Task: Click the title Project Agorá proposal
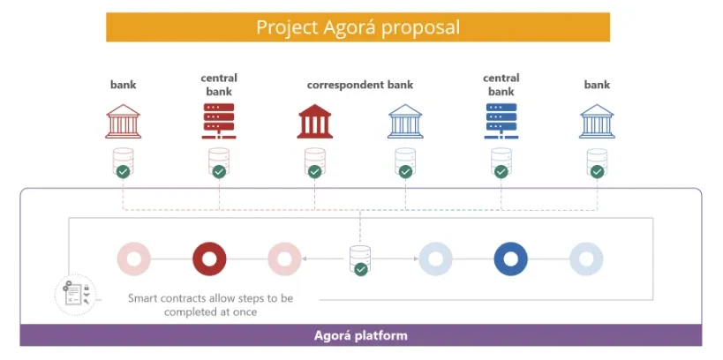[x=358, y=26]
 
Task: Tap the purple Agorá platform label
[x=360, y=336]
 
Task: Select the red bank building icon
[x=123, y=123]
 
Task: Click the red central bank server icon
[x=219, y=122]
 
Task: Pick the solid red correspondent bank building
[x=314, y=122]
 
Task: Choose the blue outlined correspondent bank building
[x=405, y=122]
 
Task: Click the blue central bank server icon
[x=501, y=122]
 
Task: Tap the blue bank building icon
[x=597, y=122]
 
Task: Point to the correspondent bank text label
[x=359, y=86]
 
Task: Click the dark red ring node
[x=209, y=259]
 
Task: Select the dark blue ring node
[x=511, y=259]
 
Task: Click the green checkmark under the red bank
[x=124, y=171]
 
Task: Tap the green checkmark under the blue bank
[x=598, y=171]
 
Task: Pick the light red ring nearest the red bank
[x=134, y=259]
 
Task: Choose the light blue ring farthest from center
[x=586, y=259]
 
